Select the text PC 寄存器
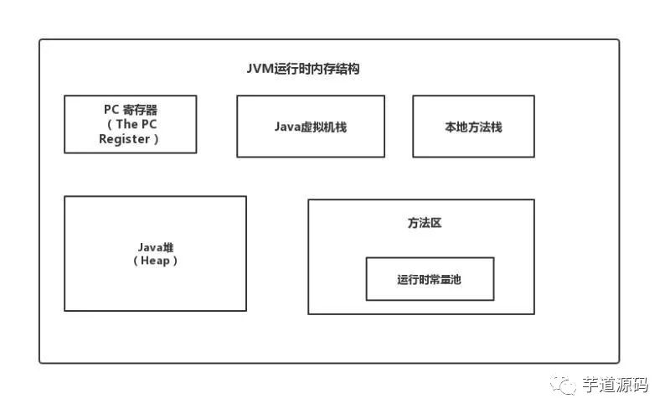pyautogui.click(x=130, y=109)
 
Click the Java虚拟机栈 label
pyautogui.click(x=309, y=127)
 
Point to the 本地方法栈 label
pyautogui.click(x=473, y=127)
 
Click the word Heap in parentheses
pyautogui.click(x=156, y=261)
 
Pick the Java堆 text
pyautogui.click(x=155, y=248)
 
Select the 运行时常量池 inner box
pyautogui.click(x=430, y=279)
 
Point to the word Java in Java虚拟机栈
pyautogui.click(x=286, y=127)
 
